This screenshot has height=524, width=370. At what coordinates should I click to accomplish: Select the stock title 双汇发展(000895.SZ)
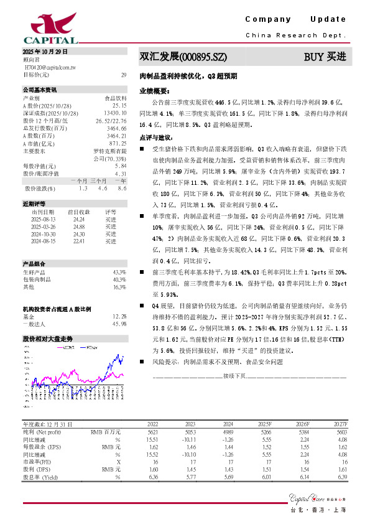(x=183, y=57)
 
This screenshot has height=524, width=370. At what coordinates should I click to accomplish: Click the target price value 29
(x=124, y=75)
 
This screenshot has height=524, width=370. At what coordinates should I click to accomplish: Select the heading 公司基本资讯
(x=40, y=89)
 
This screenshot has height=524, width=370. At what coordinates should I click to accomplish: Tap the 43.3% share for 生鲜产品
(x=119, y=273)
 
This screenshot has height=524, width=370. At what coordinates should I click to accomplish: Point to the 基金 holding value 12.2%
(x=119, y=316)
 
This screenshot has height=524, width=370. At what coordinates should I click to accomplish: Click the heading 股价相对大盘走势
(x=47, y=339)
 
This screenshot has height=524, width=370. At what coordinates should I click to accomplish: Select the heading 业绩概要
(x=153, y=90)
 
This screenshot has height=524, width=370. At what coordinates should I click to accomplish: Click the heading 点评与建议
(x=155, y=137)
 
